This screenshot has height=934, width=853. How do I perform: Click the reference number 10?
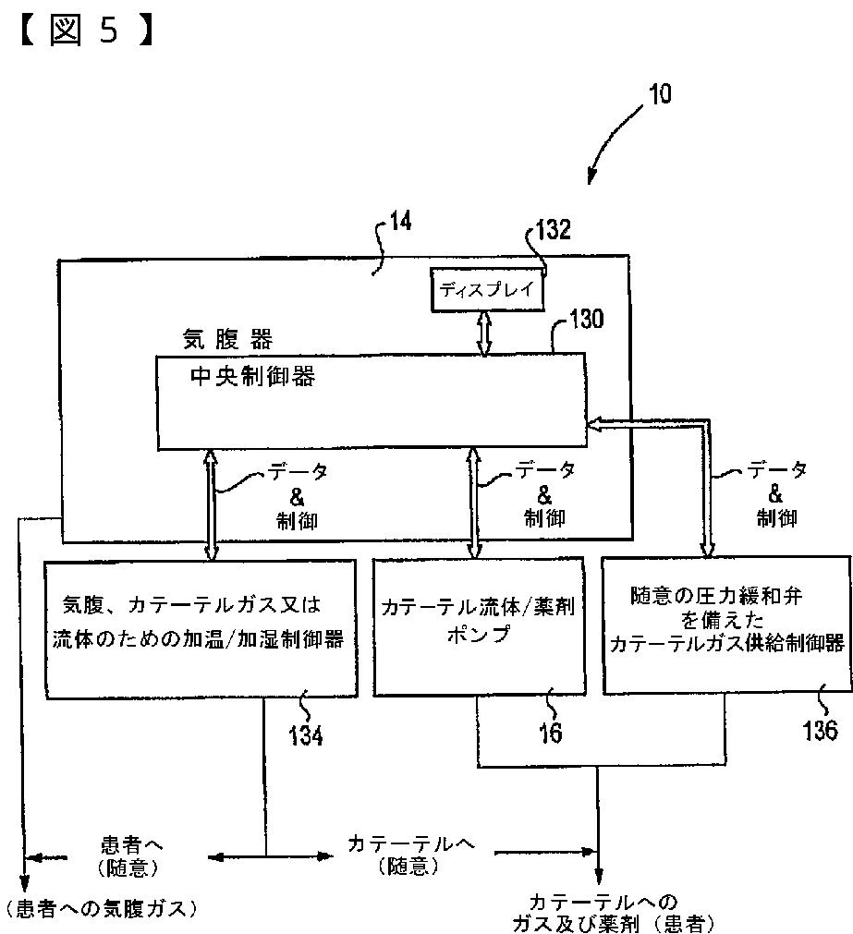pos(660,94)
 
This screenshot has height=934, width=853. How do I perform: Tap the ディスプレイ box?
pos(487,289)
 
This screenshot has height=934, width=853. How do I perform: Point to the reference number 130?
pos(586,321)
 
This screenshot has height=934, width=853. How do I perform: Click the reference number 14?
pos(400,223)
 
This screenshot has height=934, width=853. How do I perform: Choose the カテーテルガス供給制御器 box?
pos(725,624)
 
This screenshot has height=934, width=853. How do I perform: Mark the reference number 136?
pos(820,730)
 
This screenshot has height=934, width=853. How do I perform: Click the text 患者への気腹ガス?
pos(102,909)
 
